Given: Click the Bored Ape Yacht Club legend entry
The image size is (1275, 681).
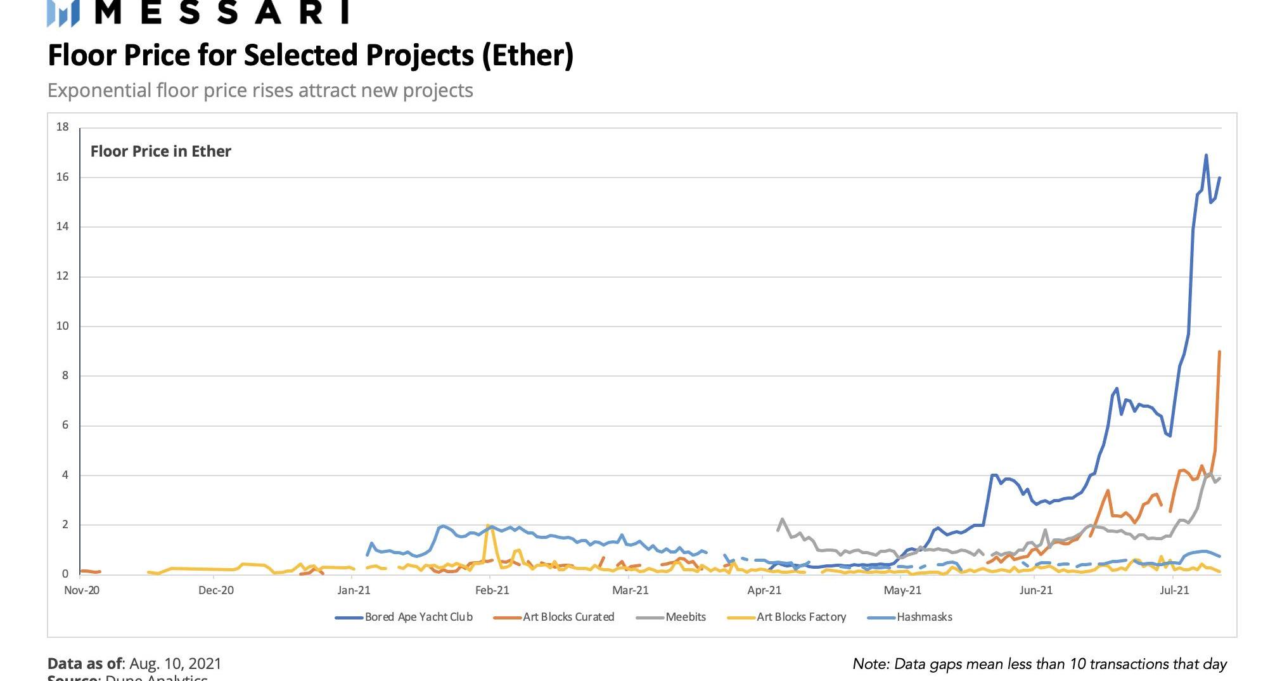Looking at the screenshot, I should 418,617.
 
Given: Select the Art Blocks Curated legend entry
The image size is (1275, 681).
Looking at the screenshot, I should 568,617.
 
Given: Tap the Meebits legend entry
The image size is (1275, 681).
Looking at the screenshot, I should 685,617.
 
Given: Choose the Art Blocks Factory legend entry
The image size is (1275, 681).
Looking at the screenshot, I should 801,617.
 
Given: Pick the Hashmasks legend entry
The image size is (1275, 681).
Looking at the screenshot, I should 924,617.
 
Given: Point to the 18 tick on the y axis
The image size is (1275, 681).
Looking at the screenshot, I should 62,127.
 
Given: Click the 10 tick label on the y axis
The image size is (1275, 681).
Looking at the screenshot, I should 62,326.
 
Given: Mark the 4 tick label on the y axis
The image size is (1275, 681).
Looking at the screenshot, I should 65,475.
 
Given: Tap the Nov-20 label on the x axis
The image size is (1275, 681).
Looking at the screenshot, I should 82,590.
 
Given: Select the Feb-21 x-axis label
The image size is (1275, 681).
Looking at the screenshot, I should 492,590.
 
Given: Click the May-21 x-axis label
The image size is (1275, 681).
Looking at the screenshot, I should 902,590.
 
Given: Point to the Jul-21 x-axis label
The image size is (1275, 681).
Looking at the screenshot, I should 1174,590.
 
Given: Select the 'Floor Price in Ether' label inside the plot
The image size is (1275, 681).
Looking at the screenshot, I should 161,152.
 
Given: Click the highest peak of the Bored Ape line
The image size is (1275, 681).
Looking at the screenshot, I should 1206,155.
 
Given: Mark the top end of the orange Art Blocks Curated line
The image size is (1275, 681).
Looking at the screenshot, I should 1220,351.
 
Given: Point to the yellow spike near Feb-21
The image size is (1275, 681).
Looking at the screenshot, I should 488,526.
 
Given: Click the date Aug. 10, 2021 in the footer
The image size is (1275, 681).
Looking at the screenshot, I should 176,664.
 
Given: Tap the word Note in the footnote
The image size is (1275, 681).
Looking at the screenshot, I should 871,664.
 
